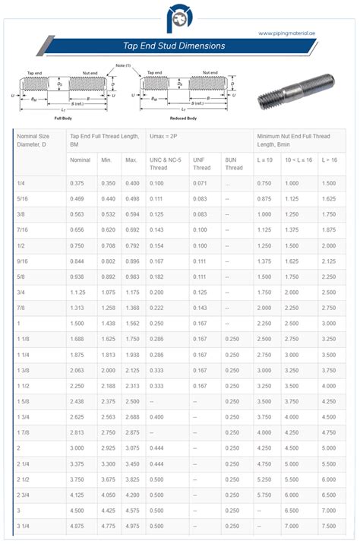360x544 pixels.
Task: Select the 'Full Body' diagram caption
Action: [x=63, y=119]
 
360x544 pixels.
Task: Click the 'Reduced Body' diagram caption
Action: [x=184, y=119]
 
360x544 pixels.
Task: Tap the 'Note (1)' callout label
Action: [x=124, y=66]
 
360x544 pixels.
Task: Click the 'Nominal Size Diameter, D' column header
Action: [x=33, y=140]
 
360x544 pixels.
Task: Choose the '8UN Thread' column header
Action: [x=232, y=163]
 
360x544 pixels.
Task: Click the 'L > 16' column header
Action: [x=330, y=160]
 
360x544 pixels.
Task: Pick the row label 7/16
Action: [x=23, y=229]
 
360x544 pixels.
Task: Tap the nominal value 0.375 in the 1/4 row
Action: [x=77, y=184]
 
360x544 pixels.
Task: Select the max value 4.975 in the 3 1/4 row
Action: [x=132, y=526]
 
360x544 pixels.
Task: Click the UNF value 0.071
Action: [x=201, y=184]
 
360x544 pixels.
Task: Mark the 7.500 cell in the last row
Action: [x=329, y=526]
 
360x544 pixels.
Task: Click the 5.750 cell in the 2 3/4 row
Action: [x=264, y=495]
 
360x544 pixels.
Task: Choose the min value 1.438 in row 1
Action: [x=108, y=323]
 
